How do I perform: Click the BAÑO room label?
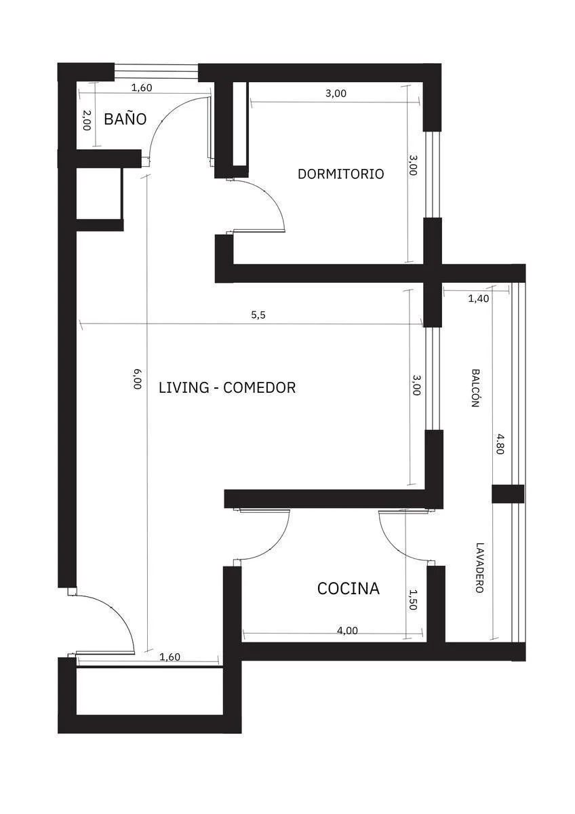pyautogui.click(x=125, y=119)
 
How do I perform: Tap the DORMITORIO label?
pyautogui.click(x=340, y=174)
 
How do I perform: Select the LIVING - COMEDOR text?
pyautogui.click(x=227, y=388)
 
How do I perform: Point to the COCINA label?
pyautogui.click(x=349, y=589)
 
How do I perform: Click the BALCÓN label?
pyautogui.click(x=475, y=388)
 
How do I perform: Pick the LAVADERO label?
pyautogui.click(x=479, y=568)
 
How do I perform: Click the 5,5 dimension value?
pyautogui.click(x=258, y=315)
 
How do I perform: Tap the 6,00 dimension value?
pyautogui.click(x=137, y=379)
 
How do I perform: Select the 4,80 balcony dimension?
pyautogui.click(x=500, y=444)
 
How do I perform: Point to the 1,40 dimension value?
pyautogui.click(x=479, y=298)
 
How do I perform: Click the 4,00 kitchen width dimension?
pyautogui.click(x=347, y=630)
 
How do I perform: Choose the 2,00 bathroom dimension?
pyautogui.click(x=87, y=121)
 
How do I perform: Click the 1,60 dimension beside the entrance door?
pyautogui.click(x=170, y=657)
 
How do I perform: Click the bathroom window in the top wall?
pyautogui.click(x=156, y=72)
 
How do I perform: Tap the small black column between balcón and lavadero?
pyautogui.click(x=508, y=494)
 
